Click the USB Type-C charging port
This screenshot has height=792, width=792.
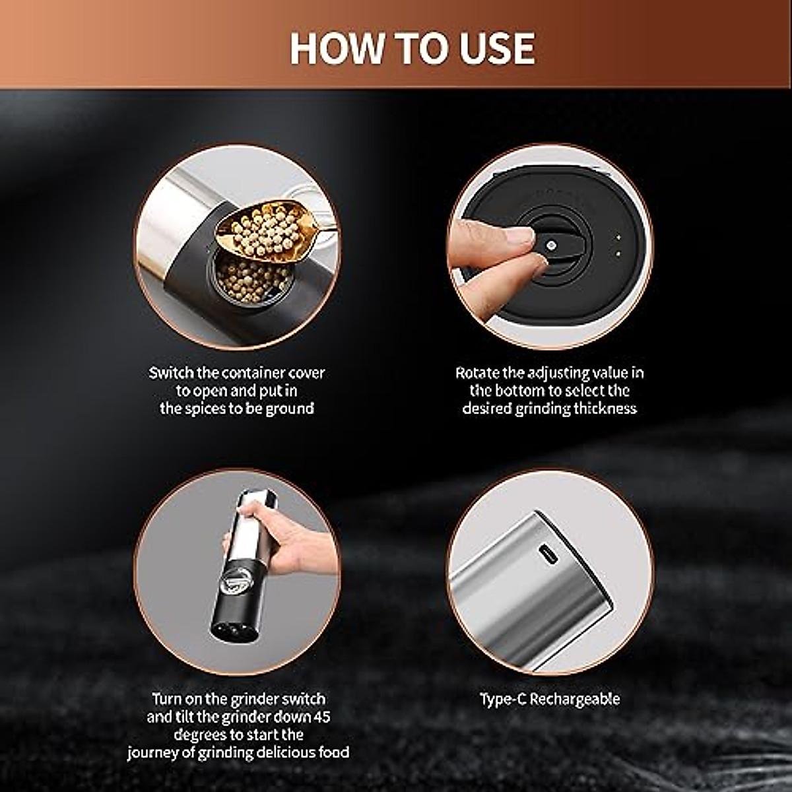[x=548, y=555]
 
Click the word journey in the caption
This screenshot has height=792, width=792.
[x=154, y=752]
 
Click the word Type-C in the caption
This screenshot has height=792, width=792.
[x=503, y=699]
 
